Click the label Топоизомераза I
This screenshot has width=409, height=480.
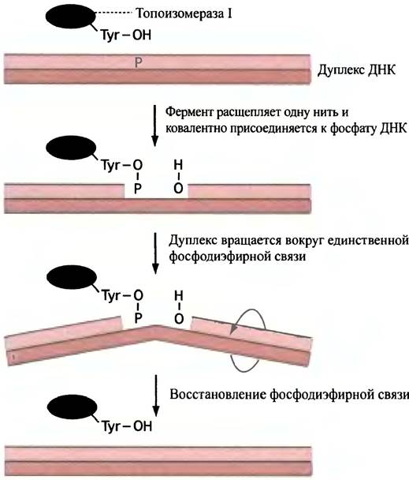point(184,13)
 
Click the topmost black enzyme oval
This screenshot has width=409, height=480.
point(71,17)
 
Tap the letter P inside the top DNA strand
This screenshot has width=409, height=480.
point(139,63)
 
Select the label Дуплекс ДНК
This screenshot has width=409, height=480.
point(356,70)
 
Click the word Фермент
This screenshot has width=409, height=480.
point(189,112)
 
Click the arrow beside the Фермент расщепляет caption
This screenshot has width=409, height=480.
point(155,126)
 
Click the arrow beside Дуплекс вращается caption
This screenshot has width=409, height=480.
point(155,253)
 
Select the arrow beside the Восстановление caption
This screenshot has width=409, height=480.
point(156,396)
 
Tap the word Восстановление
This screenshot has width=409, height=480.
point(218,395)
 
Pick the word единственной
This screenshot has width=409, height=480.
point(368,241)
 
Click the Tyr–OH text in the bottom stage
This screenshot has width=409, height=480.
point(127,426)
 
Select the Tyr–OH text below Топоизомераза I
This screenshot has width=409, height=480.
point(126,36)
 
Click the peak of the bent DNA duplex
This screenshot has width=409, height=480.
point(156,326)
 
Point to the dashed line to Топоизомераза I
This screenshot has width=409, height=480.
point(113,13)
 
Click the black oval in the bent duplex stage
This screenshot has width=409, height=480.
point(72,277)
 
